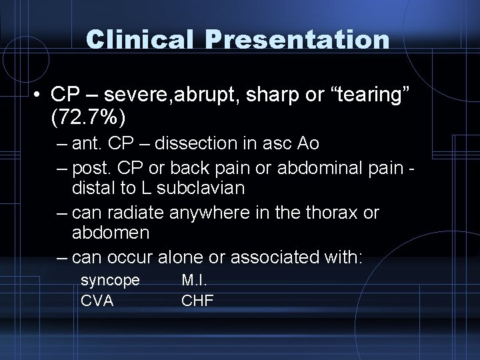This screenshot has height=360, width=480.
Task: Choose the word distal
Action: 93,189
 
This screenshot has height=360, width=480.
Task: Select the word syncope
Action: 110,281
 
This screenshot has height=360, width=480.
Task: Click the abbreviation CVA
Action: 97,301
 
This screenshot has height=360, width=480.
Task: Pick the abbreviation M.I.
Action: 193,281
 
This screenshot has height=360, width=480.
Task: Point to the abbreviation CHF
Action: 197,301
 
